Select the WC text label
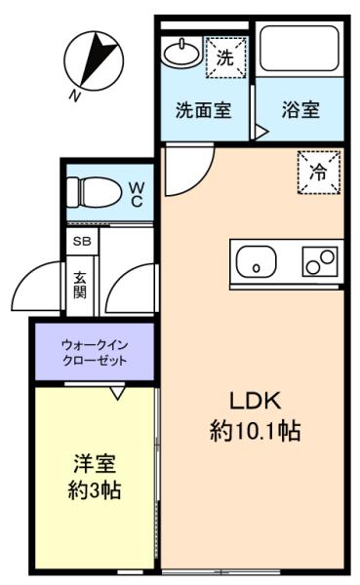(137, 192)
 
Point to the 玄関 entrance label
(80, 284)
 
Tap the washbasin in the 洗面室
(181, 52)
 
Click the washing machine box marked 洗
(226, 58)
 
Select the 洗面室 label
(203, 110)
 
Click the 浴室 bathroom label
(300, 110)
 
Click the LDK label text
(255, 401)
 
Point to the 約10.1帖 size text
(255, 430)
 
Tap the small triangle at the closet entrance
(117, 392)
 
